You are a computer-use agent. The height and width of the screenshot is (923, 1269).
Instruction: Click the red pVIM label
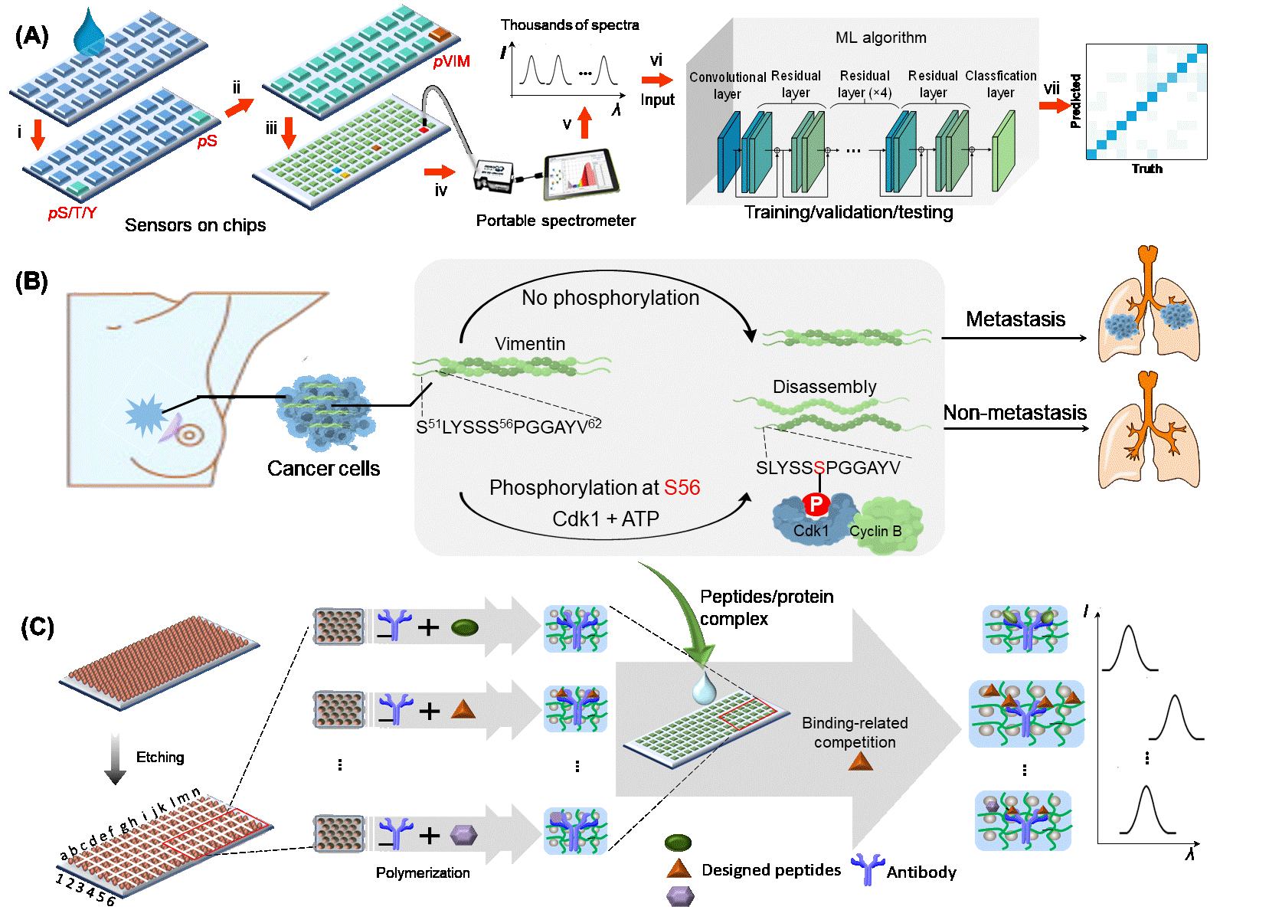point(451,61)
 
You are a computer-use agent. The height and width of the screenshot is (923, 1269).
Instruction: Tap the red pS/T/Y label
point(72,213)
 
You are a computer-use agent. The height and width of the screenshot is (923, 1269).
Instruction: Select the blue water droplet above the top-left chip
point(90,32)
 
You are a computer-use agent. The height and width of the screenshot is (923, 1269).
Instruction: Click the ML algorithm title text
point(881,38)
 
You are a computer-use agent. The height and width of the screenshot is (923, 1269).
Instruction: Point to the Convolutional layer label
point(728,85)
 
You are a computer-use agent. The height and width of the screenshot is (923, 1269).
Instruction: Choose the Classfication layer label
point(1000,84)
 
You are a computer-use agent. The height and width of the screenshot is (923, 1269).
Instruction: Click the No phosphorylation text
point(610,298)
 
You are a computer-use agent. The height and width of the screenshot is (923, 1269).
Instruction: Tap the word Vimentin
point(530,344)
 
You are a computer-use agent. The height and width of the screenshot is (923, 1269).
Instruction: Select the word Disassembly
point(824,387)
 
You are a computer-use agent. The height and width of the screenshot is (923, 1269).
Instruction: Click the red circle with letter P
point(816,504)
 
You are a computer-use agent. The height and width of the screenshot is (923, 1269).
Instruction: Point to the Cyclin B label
point(875,531)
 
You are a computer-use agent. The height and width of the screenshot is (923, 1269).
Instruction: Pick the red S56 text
point(682,488)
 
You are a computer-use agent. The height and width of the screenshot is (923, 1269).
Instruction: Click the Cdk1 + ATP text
point(606,519)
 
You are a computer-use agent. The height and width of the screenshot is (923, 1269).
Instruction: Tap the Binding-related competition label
point(855,732)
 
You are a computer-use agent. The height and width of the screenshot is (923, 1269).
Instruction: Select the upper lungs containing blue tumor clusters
point(1148,306)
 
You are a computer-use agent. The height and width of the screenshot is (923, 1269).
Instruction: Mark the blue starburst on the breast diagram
point(145,414)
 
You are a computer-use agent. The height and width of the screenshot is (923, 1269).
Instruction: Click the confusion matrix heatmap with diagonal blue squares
point(1146,102)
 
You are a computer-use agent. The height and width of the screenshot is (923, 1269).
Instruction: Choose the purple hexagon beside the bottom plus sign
point(463,834)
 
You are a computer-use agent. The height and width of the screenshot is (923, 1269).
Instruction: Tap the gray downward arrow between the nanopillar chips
point(115,758)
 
